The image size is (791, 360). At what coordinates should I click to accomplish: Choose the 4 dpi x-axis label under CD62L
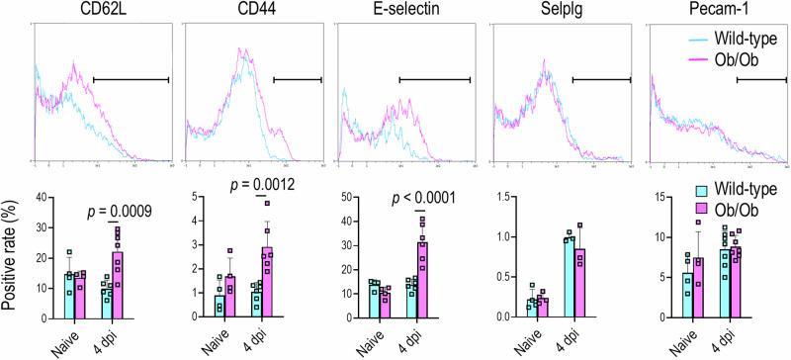point(118,337)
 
